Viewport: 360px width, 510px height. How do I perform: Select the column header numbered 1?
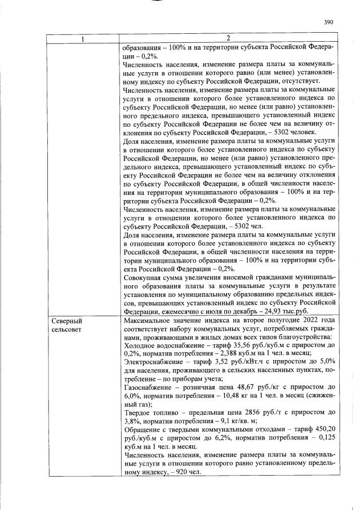[83, 38]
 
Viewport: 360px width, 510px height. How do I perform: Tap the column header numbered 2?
[228, 38]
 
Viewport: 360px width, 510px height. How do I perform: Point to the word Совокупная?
[145, 277]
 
